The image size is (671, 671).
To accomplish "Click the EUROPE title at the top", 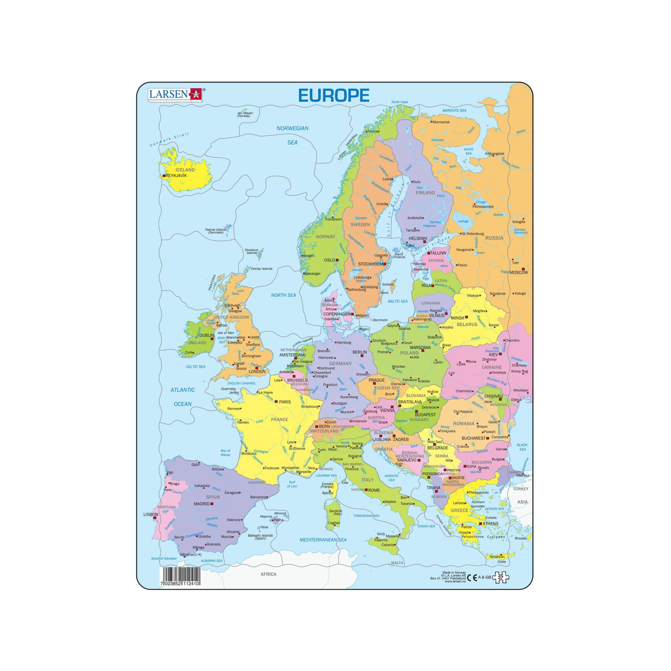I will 333,95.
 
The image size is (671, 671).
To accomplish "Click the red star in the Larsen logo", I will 195,95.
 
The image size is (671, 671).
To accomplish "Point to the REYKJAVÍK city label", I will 176,176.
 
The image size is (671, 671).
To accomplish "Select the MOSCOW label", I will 519,272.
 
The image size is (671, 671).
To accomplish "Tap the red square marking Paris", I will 276,402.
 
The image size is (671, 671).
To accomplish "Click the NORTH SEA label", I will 283,295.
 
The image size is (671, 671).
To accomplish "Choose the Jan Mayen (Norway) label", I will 245,114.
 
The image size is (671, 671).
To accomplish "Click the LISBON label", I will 150,514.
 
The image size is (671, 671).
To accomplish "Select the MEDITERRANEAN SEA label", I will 323,540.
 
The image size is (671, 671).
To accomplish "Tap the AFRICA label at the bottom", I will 268,574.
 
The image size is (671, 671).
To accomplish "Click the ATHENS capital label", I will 491,524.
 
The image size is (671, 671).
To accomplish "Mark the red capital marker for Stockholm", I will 385,264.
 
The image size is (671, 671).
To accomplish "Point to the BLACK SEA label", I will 522,447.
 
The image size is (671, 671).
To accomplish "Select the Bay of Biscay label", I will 225,453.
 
